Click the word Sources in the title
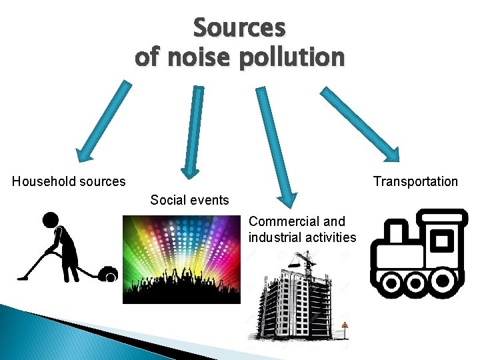(239, 28)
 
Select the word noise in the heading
(192, 57)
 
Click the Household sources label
(69, 181)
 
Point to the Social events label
(189, 200)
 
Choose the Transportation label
(415, 181)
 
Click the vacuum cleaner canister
(107, 273)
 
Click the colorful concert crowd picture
(181, 260)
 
